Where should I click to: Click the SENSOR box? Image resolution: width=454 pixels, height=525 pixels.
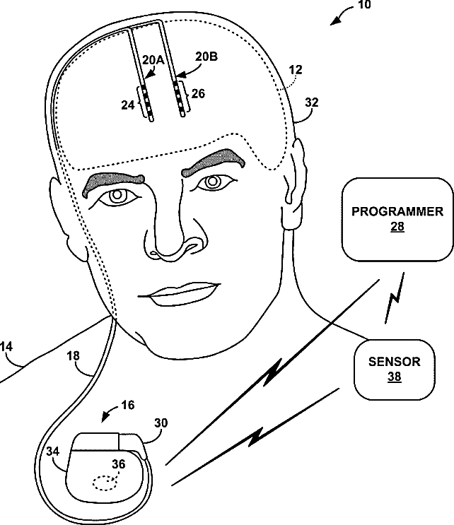click(394, 369)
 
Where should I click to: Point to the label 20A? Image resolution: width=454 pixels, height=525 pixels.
click(153, 61)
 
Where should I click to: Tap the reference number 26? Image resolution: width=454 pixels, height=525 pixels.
click(197, 92)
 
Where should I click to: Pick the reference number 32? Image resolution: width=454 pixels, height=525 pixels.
click(310, 102)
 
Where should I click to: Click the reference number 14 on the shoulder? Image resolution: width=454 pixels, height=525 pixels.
click(8, 347)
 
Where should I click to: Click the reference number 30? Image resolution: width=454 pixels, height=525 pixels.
click(161, 423)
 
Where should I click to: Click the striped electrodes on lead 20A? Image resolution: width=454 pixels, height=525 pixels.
click(145, 99)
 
